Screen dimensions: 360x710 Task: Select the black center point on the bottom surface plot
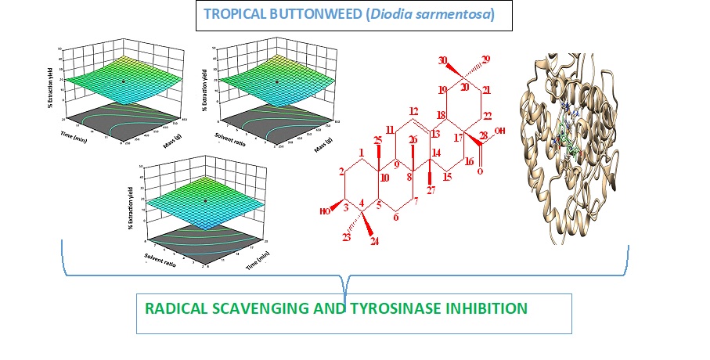205,200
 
